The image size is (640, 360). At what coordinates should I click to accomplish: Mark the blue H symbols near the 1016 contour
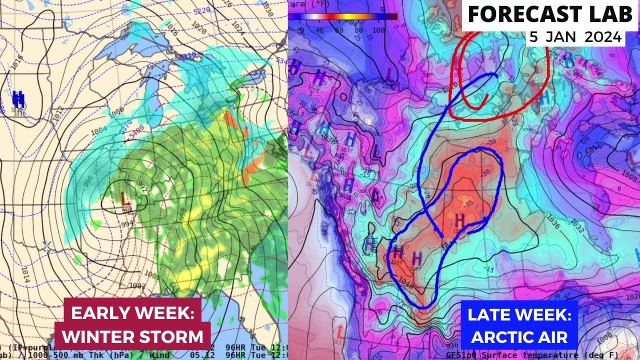pos(19,98)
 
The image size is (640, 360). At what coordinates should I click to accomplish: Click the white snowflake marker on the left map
pos(46,245)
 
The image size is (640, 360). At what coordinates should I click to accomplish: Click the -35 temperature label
pos(467,204)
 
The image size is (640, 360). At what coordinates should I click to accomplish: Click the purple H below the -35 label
pos(459,219)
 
